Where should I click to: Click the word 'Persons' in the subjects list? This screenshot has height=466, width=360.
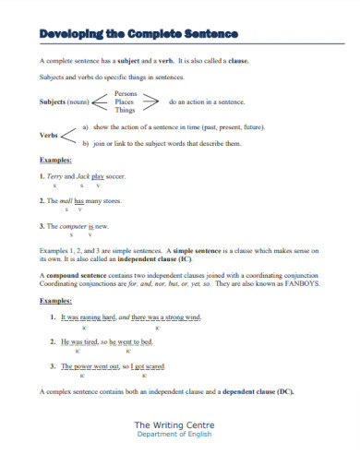pyautogui.click(x=126, y=92)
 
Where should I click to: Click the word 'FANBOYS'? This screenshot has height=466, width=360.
pyautogui.click(x=302, y=284)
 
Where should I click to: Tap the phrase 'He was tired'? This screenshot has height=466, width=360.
pyautogui.click(x=81, y=341)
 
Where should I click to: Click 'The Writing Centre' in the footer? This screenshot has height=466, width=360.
pyautogui.click(x=179, y=424)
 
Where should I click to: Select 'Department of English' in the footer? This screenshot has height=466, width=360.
pyautogui.click(x=179, y=435)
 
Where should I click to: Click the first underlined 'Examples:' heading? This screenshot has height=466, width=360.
pyautogui.click(x=55, y=160)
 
